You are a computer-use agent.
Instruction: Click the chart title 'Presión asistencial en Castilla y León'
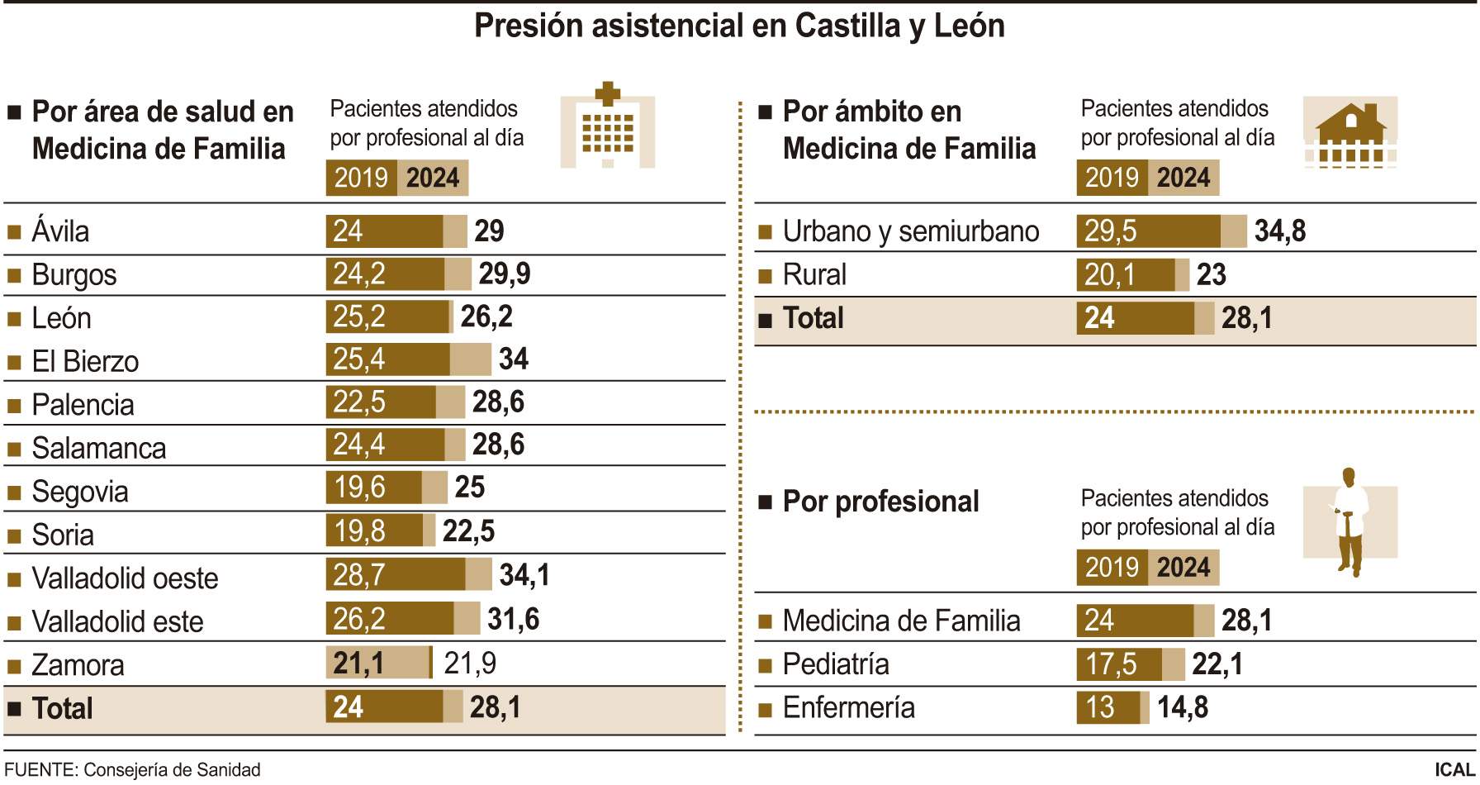739,26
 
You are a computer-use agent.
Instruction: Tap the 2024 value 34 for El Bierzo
514,359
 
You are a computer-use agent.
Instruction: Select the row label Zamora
78,665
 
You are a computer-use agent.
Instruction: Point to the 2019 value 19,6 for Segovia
359,488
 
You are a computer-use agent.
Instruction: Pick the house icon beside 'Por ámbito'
1350,133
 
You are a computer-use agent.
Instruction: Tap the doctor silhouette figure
1350,521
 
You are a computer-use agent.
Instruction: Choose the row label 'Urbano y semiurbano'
910,231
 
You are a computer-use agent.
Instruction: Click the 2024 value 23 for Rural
1212,275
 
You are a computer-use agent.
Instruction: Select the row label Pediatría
836,664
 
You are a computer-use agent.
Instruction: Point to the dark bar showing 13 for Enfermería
1107,708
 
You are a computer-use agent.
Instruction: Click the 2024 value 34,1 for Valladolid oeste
524,575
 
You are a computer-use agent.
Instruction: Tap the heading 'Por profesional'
880,502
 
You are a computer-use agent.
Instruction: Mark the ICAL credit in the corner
1454,770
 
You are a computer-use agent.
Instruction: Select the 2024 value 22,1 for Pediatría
1217,664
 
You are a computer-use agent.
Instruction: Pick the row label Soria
63,535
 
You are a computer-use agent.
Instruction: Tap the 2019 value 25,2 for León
359,316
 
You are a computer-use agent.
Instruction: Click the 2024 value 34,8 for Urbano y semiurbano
1280,231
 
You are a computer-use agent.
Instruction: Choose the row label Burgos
74,275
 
